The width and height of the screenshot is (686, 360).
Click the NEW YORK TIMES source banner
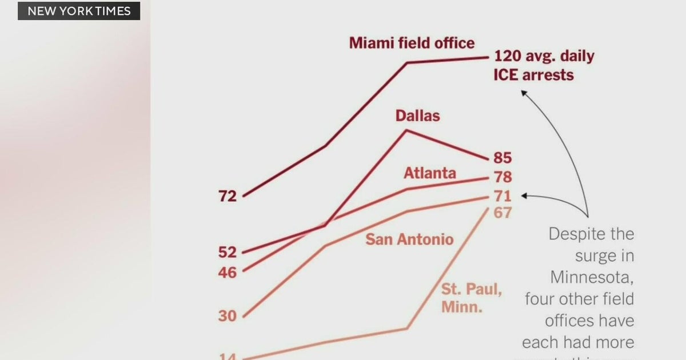(79, 11)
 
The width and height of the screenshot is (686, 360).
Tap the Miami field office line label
(412, 43)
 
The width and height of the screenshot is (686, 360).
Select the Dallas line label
(417, 115)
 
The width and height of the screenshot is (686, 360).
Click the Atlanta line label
(430, 173)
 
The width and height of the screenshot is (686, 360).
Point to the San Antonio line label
(409, 239)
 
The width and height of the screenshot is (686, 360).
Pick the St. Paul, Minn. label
(470, 297)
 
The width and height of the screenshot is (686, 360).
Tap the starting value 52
(228, 252)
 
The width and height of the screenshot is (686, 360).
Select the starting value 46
(228, 273)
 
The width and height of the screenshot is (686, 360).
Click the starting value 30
(228, 316)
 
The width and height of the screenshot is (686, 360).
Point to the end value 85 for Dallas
(502, 158)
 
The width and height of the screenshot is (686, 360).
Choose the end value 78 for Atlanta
(502, 177)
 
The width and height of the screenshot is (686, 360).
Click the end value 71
(502, 197)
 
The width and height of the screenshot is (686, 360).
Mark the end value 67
(502, 213)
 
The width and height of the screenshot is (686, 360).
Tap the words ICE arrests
(533, 75)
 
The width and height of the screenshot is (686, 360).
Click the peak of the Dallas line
(407, 131)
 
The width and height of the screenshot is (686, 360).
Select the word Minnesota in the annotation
(592, 277)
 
